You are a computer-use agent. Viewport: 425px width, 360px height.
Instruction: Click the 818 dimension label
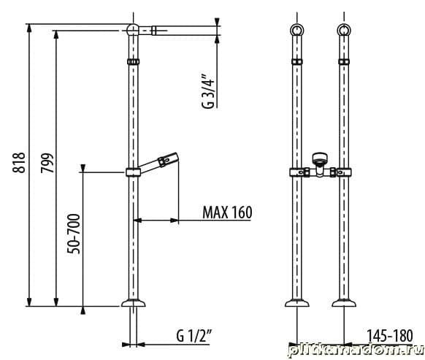[x=19, y=163]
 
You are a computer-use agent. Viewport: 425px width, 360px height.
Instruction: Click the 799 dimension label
[x=47, y=163]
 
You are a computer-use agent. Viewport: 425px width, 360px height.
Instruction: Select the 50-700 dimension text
[x=74, y=234]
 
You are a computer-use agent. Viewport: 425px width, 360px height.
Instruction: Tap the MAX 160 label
[x=227, y=212]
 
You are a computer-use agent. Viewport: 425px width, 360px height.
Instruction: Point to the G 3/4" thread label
[x=208, y=91]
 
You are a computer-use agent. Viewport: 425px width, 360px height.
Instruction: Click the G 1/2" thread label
[x=194, y=336]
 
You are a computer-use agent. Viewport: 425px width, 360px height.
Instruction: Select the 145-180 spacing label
[x=390, y=336]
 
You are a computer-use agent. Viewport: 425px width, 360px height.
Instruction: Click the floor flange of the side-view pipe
[x=134, y=303]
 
